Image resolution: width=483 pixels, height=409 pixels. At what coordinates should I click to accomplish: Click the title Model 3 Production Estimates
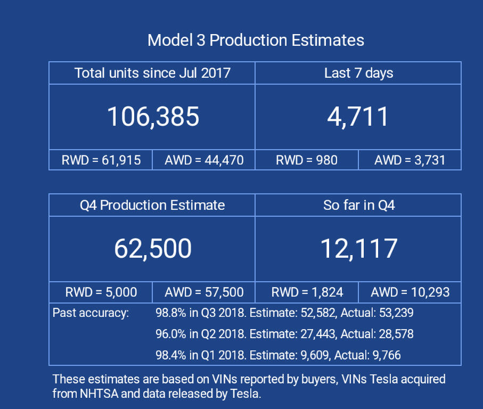pyautogui.click(x=256, y=40)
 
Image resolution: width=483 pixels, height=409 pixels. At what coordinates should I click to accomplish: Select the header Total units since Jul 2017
pyautogui.click(x=152, y=73)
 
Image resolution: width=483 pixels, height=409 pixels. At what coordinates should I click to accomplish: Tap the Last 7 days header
pyautogui.click(x=358, y=73)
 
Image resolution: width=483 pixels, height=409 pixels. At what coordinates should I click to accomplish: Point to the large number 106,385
pyautogui.click(x=153, y=117)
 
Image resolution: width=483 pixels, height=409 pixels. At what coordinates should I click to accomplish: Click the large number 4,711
pyautogui.click(x=358, y=117)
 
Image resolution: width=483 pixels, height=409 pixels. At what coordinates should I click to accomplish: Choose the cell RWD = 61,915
pyautogui.click(x=101, y=160)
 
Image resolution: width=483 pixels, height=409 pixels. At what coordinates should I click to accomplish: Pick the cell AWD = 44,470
pyautogui.click(x=204, y=160)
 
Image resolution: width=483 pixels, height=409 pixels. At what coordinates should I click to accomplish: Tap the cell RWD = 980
pyautogui.click(x=307, y=160)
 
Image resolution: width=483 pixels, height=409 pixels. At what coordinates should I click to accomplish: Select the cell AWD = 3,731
pyautogui.click(x=410, y=160)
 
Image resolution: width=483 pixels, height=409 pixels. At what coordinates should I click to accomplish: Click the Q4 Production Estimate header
pyautogui.click(x=152, y=205)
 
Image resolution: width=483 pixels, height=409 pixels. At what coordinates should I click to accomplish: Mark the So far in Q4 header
pyautogui.click(x=358, y=205)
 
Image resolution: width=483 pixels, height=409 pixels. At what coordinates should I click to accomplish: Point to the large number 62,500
pyautogui.click(x=153, y=249)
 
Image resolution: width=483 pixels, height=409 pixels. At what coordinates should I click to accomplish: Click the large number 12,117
pyautogui.click(x=358, y=249)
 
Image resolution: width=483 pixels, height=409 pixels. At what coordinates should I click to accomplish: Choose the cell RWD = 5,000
pyautogui.click(x=101, y=292)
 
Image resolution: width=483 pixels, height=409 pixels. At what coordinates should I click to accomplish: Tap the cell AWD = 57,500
pyautogui.click(x=204, y=292)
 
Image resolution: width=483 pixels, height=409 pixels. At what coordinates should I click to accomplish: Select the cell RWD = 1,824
pyautogui.click(x=307, y=292)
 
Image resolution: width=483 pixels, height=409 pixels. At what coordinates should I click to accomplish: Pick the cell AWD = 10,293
pyautogui.click(x=410, y=292)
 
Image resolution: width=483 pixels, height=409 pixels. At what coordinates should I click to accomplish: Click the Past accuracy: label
pyautogui.click(x=91, y=313)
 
